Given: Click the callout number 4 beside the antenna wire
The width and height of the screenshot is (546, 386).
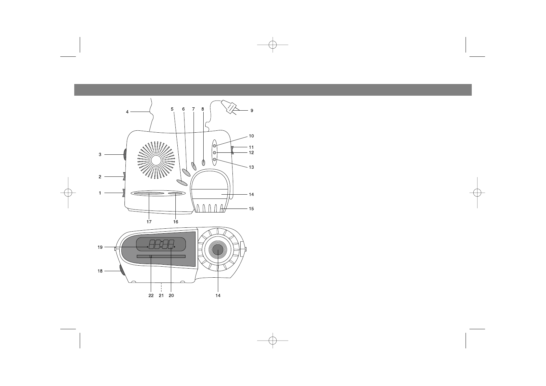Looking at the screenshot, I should point(127,112).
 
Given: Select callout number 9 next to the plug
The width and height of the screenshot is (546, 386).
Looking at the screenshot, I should point(252,111).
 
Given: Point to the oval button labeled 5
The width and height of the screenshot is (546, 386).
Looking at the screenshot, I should point(182,182).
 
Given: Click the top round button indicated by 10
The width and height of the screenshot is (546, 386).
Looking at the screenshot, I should point(215,146).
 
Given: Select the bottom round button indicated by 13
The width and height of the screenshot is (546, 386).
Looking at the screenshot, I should point(215,159).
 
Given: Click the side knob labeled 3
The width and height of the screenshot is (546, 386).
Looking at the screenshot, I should point(125,155).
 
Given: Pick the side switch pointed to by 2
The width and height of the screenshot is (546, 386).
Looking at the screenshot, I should point(124,177).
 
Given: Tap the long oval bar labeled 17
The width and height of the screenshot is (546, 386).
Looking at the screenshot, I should point(148,194).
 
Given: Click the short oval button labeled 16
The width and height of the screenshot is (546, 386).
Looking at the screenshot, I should point(175,194).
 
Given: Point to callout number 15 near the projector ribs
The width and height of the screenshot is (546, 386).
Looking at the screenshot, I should point(251,209).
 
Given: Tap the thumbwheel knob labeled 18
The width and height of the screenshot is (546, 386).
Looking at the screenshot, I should point(123,270).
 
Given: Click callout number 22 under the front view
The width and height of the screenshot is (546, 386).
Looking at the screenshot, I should point(151,296).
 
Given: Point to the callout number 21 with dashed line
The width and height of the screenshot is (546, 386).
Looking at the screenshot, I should point(161,296).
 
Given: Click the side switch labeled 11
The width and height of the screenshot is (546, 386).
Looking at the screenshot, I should point(232,150).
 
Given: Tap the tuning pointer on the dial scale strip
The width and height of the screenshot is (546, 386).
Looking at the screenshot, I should point(151,256).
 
